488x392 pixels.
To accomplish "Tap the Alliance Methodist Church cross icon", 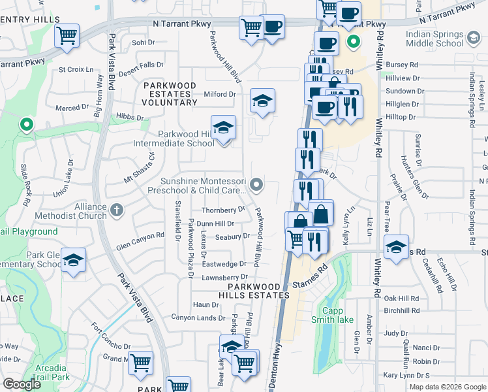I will (x=116, y=210).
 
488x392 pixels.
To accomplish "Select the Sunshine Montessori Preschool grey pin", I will (x=258, y=186).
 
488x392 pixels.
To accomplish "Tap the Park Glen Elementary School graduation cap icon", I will (x=74, y=260).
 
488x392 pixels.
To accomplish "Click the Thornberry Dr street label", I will (x=223, y=210).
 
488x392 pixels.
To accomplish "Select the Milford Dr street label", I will (x=219, y=94).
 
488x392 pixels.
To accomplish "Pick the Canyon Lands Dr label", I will (x=198, y=318).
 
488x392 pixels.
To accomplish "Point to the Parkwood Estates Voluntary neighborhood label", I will (x=170, y=94).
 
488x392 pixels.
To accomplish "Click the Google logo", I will (x=22, y=385).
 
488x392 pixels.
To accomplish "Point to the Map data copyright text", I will (x=447, y=387).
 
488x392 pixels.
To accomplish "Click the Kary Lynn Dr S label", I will (x=406, y=375).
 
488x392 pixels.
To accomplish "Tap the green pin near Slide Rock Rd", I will (x=26, y=123).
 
